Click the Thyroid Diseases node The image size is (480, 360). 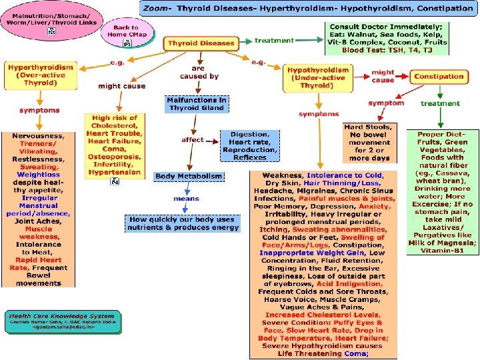pyautogui.click(x=201, y=43)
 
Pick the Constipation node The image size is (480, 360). pyautogui.click(x=438, y=77)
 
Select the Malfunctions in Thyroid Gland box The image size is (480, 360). pyautogui.click(x=197, y=104)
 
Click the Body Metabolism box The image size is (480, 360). pyautogui.click(x=189, y=177)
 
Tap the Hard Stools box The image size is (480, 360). pyautogui.click(x=369, y=141)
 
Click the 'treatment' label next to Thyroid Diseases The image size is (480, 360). pyautogui.click(x=274, y=41)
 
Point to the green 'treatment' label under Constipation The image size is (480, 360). pyautogui.click(x=440, y=103)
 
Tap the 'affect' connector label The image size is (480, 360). pyautogui.click(x=192, y=140)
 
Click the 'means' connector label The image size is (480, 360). pyautogui.click(x=186, y=199)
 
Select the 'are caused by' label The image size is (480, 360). pyautogui.click(x=198, y=72)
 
